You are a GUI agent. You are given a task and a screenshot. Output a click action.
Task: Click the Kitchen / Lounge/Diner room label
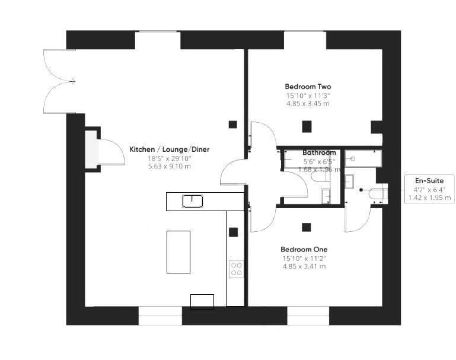(x=169, y=149)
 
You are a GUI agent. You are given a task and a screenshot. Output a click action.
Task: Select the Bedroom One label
(x=304, y=250)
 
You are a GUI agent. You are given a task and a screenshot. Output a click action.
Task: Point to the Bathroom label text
(x=319, y=153)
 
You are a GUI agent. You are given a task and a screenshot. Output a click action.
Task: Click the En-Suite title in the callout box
(x=429, y=180)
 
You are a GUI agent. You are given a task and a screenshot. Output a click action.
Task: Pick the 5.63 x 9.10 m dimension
(x=169, y=167)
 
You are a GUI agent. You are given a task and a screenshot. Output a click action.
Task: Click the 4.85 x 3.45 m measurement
(x=308, y=103)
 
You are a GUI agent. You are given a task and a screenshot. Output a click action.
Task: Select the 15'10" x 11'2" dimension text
(x=304, y=258)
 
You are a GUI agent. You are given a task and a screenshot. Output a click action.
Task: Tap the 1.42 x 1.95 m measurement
(x=429, y=197)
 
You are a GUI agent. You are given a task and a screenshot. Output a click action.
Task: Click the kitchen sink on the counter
(x=193, y=201)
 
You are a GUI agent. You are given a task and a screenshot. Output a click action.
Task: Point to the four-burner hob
(x=236, y=269)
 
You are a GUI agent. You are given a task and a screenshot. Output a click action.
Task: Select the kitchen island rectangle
(x=178, y=252)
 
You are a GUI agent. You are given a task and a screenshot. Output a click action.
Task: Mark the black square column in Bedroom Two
(x=307, y=126)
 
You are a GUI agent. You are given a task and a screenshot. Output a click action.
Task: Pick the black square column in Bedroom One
(x=306, y=227)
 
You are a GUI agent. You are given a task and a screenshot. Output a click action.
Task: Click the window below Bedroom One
(x=308, y=316)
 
